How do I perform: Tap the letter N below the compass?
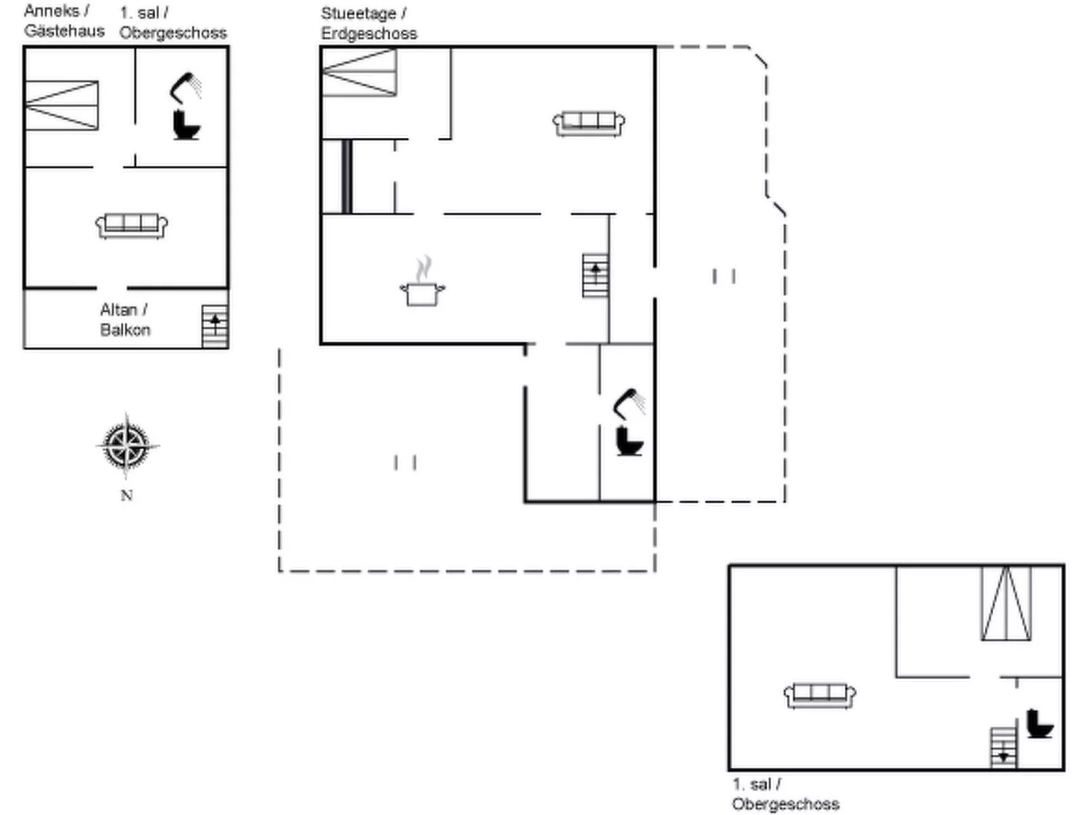126,495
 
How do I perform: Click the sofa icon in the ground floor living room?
588,124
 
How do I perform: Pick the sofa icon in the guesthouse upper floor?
132,226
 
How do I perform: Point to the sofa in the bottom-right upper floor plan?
820,696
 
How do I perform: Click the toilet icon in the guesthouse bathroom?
186,124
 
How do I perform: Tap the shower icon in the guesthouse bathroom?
185,88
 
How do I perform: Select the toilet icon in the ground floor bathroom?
630,442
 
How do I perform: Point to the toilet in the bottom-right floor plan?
1040,724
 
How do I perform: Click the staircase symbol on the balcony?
215,327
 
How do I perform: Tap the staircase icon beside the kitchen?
595,276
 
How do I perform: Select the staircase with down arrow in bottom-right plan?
1004,747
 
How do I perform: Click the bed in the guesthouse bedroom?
62,106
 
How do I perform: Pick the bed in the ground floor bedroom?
359,72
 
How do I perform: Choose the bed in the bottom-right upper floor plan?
1006,604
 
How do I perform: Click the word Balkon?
125,330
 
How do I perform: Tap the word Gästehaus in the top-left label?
64,31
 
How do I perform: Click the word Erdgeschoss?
369,34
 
